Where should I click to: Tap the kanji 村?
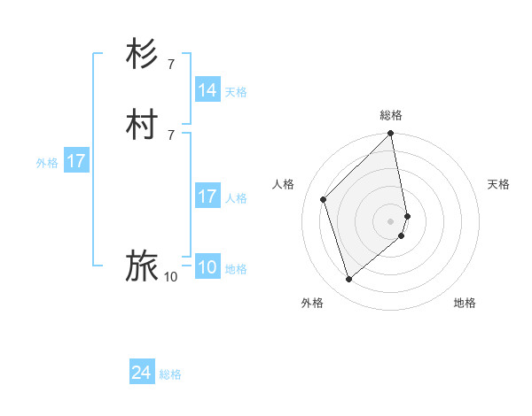[142, 124]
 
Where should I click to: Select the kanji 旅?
[142, 266]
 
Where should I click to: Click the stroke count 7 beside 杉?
[171, 64]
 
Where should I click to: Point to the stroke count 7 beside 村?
[171, 135]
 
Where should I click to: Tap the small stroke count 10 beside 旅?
[170, 277]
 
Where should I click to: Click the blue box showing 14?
[207, 90]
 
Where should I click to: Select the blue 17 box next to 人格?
[207, 196]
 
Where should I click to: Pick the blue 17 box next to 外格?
[76, 161]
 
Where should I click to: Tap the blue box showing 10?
[207, 267]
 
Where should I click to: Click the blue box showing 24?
[142, 374]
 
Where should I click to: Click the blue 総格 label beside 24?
[170, 374]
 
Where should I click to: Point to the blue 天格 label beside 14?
[236, 91]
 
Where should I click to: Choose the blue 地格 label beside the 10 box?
[236, 269]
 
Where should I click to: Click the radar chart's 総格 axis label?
[391, 115]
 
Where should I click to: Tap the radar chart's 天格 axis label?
[498, 184]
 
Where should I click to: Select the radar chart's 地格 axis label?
[465, 303]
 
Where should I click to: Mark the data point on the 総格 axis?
[391, 135]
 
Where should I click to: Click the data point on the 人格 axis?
[324, 199]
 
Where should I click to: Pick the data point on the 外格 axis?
[349, 279]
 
